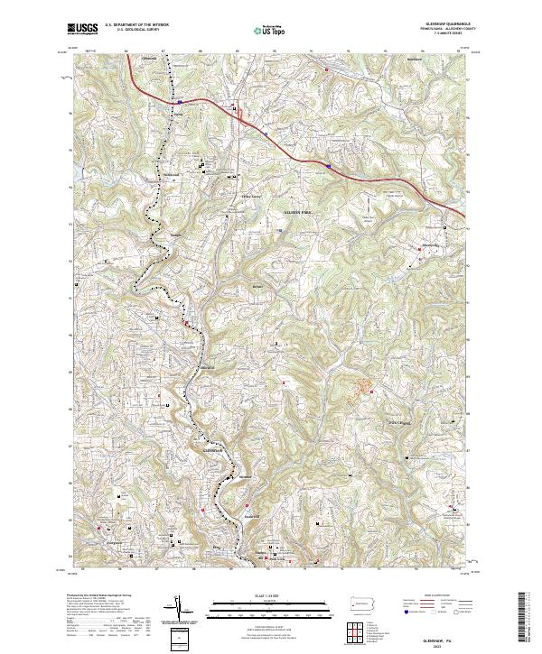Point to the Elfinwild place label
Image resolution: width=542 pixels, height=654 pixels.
click(207, 368)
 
